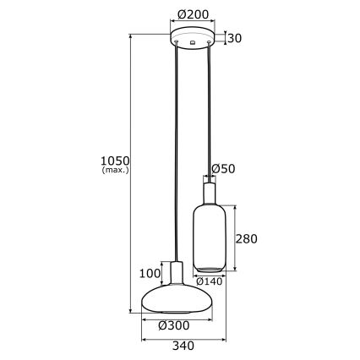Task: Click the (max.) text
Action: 113,171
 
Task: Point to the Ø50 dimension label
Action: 222,169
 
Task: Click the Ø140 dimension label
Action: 209,281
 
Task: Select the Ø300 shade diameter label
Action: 177,325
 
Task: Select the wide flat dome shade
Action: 176,301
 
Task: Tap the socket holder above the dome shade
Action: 176,275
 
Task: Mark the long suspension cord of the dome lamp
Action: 176,152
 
